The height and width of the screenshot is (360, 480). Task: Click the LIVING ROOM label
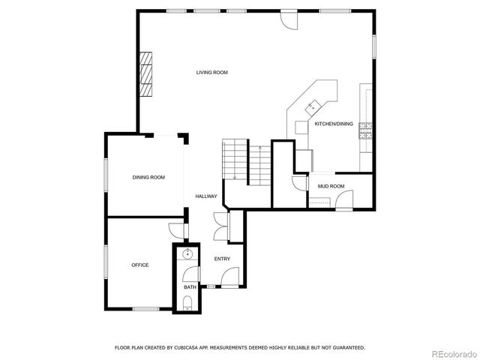[x=211, y=73]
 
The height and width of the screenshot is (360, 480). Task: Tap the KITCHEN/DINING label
[x=333, y=124]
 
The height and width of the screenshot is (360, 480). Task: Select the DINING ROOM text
[x=148, y=177]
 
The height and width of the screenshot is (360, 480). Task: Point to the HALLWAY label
[x=206, y=196]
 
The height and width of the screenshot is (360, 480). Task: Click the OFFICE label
[x=139, y=265]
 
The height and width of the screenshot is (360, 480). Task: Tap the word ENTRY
[x=222, y=259]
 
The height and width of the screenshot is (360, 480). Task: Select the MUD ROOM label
[x=331, y=186]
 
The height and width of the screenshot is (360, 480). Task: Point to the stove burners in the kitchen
[x=366, y=131]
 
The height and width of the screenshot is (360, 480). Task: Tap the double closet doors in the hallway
[x=220, y=226]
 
